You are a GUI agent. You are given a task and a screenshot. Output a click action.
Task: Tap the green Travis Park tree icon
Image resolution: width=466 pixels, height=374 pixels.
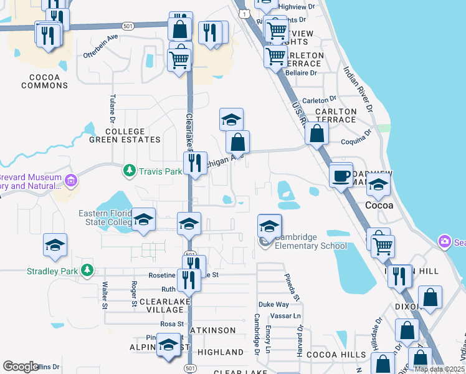(x=129, y=170)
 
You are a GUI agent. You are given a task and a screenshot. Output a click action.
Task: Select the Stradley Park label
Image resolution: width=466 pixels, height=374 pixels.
(x=54, y=271)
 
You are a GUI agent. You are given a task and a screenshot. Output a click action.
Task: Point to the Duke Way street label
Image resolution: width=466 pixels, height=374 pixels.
(x=273, y=305)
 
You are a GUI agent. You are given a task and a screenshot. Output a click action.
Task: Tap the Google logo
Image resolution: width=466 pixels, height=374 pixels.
(x=21, y=367)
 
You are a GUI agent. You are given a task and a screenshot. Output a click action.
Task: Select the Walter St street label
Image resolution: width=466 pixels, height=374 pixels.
(x=105, y=294)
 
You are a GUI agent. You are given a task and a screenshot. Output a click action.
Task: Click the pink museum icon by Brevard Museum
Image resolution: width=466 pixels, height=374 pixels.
(x=71, y=181)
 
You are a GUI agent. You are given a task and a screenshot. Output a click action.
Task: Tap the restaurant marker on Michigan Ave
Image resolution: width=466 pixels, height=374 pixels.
(x=196, y=163)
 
